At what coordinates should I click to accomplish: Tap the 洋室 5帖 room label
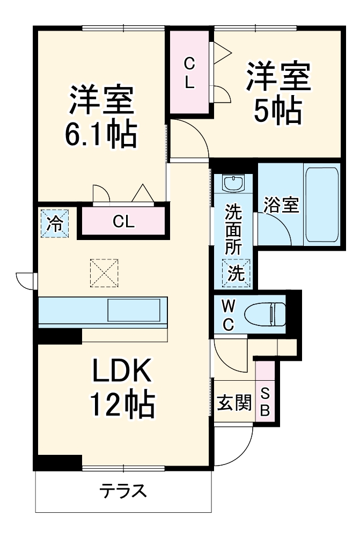pyautogui.click(x=278, y=92)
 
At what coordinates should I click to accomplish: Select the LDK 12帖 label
pyautogui.click(x=123, y=388)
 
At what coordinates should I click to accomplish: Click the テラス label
pyautogui.click(x=123, y=490)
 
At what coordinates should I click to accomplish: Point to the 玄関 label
pyautogui.click(x=234, y=402)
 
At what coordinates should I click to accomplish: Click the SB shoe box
pyautogui.click(x=265, y=402)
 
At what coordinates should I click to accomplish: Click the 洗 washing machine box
pyautogui.click(x=236, y=273)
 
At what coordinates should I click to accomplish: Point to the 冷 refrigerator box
pyautogui.click(x=54, y=222)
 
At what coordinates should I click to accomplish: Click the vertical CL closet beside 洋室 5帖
pyautogui.click(x=189, y=74)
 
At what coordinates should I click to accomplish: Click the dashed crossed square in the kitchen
pyautogui.click(x=104, y=272)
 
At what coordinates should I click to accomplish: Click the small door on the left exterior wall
pyautogui.click(x=26, y=280)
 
